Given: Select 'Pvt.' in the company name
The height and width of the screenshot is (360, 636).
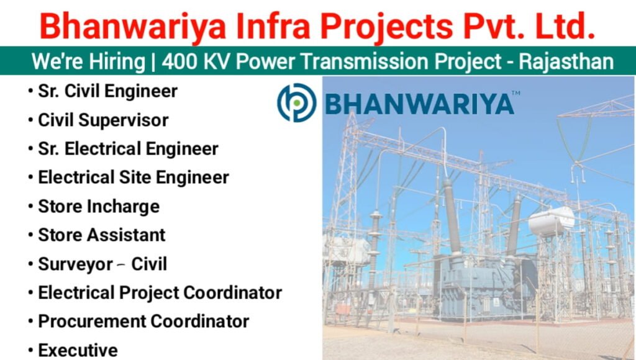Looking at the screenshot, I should coord(496,26).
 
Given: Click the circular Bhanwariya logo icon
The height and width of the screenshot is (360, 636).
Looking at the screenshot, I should coord(296,102).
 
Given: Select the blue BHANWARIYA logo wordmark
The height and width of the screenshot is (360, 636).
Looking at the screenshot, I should coord(419,104).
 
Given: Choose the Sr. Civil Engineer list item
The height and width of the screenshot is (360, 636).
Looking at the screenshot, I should coord(107,91).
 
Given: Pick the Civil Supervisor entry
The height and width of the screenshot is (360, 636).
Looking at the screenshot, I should coord(103,120).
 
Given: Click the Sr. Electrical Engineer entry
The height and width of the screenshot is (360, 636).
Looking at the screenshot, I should coord(128,149).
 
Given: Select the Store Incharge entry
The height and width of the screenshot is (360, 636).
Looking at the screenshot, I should coord(99,206).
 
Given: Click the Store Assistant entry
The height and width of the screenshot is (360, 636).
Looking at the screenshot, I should coord(102,235).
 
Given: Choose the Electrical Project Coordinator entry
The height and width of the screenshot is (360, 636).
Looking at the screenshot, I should coord(160,292).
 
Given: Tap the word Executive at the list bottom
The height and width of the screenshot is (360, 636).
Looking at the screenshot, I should coord(78,350).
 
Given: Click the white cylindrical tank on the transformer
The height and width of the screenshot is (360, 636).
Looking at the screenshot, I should coord(551,221).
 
